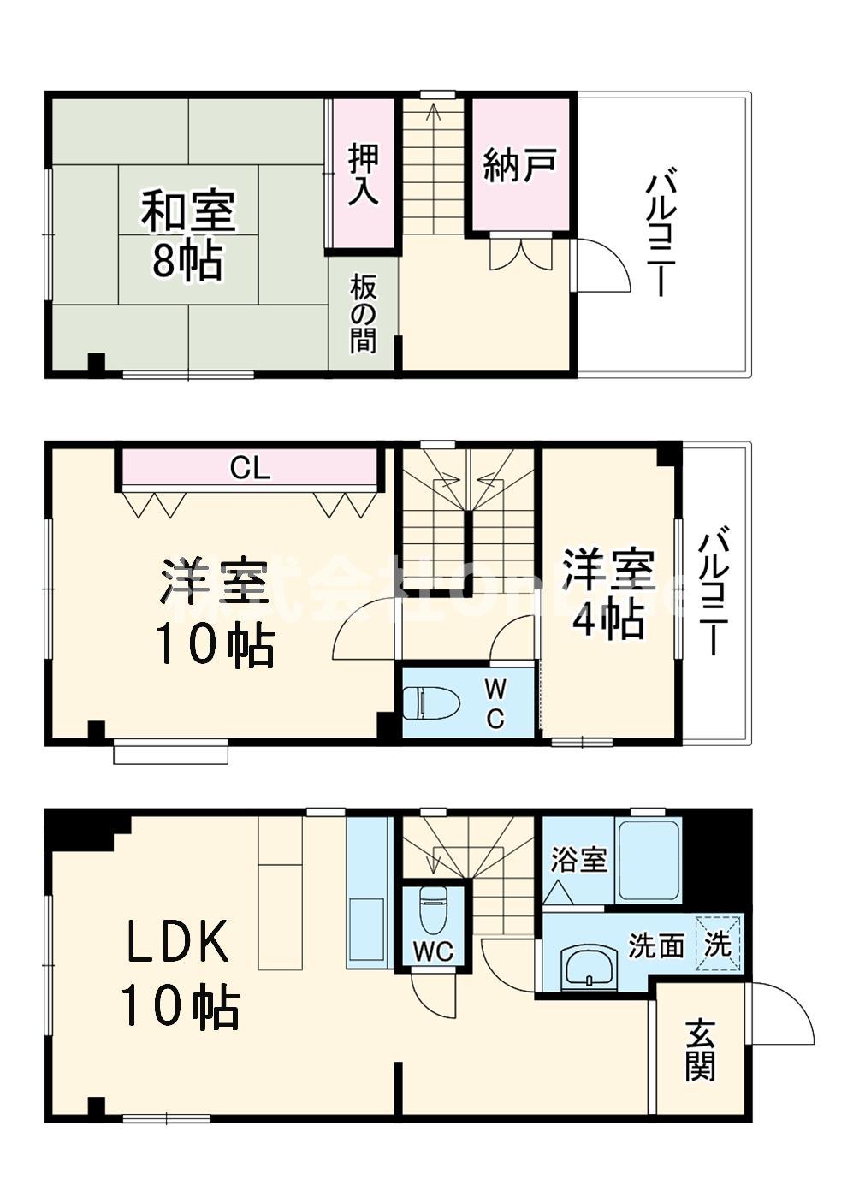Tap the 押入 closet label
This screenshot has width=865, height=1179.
coord(363,174)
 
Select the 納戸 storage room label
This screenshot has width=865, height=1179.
coord(520,164)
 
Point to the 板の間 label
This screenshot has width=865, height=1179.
coord(362,314)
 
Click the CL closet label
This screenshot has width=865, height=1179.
coord(250,467)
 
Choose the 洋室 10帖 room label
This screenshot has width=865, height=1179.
coord(214,612)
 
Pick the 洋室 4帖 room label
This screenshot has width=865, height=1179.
coord(608,595)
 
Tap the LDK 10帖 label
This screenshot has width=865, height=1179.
coord(180,975)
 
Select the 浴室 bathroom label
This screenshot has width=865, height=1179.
coord(578,858)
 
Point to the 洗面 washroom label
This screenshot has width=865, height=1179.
coord(656,945)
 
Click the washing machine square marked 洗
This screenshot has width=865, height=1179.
coord(718,944)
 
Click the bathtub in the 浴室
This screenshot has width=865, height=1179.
coord(648,861)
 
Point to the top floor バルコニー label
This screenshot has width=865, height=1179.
coord(659,234)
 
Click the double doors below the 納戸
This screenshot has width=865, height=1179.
coord(520,253)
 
